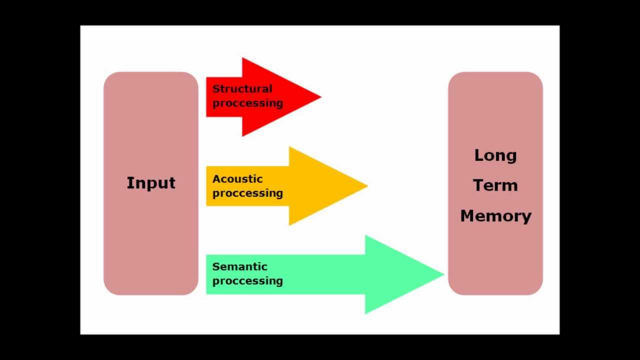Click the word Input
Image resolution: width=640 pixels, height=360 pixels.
point(151,183)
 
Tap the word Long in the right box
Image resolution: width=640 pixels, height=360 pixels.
point(495,155)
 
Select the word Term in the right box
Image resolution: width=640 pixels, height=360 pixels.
point(495,185)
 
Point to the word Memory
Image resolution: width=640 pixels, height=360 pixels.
point(495,216)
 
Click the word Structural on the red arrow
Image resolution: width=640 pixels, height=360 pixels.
point(242,89)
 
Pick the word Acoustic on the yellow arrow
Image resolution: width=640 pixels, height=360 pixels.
point(237,179)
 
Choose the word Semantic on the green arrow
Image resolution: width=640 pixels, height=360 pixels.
point(240,266)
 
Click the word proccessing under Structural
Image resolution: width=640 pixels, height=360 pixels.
point(247,103)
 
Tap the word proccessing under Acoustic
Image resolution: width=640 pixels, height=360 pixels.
point(247,193)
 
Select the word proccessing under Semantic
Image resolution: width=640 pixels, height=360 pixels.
point(247,280)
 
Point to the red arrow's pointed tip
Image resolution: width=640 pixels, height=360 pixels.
point(320,97)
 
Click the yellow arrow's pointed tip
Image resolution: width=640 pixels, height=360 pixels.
point(367,186)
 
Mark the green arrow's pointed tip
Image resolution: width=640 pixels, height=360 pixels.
point(443,274)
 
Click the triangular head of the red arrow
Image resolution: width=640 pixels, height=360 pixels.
point(275,97)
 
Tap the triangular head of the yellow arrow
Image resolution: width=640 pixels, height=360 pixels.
point(320,186)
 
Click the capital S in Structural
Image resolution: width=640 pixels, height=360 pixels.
point(216,89)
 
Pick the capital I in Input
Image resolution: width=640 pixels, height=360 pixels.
point(129,182)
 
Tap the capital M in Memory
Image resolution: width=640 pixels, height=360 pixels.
point(467,216)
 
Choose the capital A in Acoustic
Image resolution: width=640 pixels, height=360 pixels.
point(216,179)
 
